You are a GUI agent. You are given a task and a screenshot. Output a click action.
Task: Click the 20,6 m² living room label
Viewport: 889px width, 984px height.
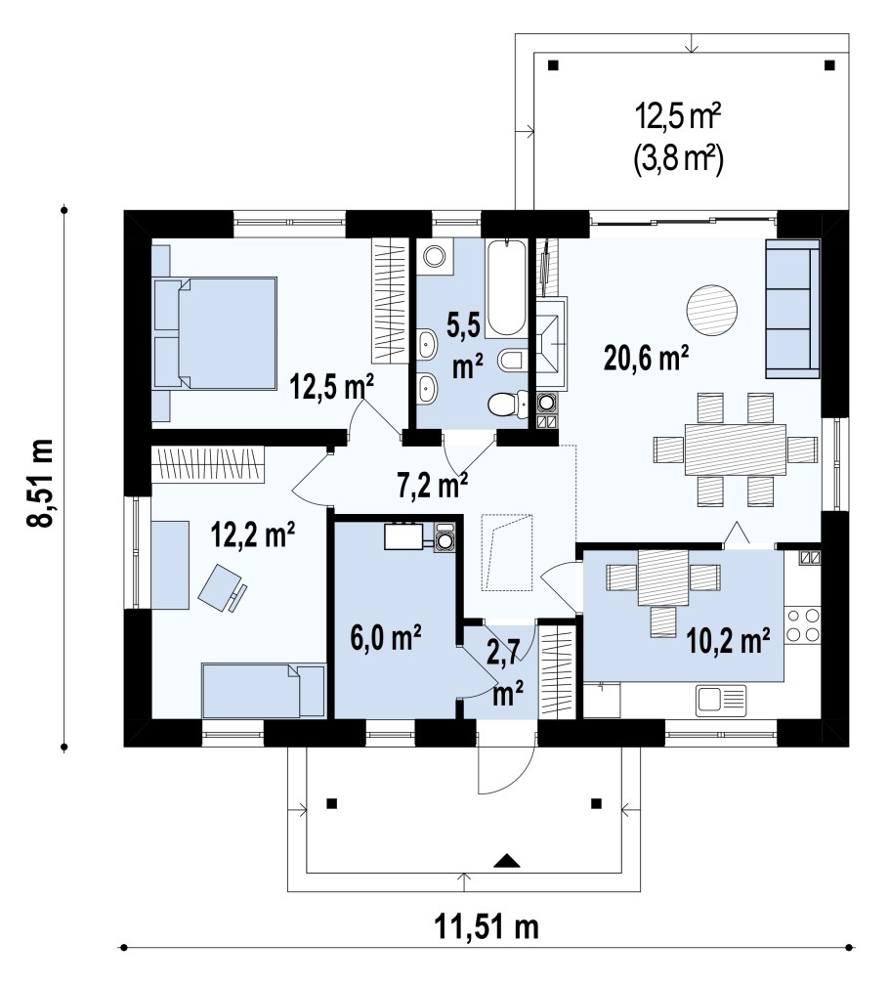pyautogui.click(x=646, y=359)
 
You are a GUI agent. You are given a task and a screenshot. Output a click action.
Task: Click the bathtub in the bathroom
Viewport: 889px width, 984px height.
pyautogui.click(x=505, y=288)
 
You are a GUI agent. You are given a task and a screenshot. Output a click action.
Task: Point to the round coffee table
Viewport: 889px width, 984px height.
pyautogui.click(x=711, y=310)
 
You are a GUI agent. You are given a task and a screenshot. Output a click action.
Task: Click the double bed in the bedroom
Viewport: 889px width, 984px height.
pyautogui.click(x=215, y=332)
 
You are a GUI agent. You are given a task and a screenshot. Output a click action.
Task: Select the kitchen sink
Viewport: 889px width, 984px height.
pyautogui.click(x=720, y=701)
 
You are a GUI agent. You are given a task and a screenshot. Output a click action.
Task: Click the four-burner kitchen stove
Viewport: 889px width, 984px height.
pyautogui.click(x=802, y=624)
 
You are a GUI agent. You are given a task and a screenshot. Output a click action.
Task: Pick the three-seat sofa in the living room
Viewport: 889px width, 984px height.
pyautogui.click(x=792, y=309)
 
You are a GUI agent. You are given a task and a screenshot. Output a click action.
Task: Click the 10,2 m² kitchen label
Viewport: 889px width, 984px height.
pyautogui.click(x=729, y=641)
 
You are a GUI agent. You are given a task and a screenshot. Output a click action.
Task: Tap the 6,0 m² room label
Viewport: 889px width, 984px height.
pyautogui.click(x=386, y=638)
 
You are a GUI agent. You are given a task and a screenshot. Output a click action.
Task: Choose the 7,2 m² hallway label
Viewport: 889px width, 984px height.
pyautogui.click(x=433, y=485)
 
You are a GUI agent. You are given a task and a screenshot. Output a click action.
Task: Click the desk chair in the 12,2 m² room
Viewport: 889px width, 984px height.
pyautogui.click(x=222, y=587)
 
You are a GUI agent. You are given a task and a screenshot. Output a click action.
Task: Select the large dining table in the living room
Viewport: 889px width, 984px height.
pyautogui.click(x=736, y=449)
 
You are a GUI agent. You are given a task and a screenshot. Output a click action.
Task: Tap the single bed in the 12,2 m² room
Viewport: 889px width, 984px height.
pyautogui.click(x=264, y=690)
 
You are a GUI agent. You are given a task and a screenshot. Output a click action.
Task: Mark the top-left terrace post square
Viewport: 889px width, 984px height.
pyautogui.click(x=553, y=64)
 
